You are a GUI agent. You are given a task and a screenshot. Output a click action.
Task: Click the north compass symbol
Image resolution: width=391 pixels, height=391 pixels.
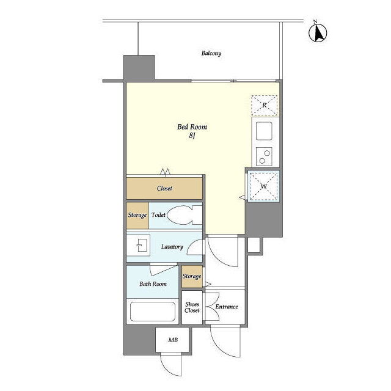click(318, 32)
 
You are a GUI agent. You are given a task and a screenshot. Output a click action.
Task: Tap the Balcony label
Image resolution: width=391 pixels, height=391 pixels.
click(211, 53)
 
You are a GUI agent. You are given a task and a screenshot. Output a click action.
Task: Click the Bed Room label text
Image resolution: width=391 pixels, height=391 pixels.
click(192, 126)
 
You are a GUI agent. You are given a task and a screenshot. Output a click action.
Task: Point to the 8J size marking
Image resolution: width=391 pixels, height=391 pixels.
click(192, 136)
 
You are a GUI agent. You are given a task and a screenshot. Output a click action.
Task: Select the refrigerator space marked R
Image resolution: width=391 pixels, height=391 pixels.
click(265, 105)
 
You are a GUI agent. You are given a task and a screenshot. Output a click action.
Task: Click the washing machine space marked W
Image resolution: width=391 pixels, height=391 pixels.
click(263, 186)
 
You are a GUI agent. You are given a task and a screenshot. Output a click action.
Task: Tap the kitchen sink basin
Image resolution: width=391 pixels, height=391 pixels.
click(264, 131)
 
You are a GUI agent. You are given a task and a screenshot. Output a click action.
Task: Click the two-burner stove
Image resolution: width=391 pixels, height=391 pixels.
click(264, 156)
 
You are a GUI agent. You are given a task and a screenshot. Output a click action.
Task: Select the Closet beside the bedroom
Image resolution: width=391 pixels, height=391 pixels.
click(164, 188)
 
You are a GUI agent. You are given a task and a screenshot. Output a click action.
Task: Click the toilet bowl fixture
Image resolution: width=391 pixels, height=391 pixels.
click(184, 215)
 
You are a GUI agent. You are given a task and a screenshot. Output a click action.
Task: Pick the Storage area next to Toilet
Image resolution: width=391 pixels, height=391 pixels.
click(137, 216)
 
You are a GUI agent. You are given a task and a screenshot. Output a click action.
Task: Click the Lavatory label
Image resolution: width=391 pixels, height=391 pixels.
click(172, 247)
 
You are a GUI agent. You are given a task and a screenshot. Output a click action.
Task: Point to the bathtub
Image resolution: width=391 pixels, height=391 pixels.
click(153, 312)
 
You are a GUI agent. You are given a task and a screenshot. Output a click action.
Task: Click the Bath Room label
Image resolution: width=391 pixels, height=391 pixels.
click(153, 283)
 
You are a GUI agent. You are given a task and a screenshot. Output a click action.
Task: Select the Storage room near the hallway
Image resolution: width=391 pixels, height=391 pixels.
click(192, 277)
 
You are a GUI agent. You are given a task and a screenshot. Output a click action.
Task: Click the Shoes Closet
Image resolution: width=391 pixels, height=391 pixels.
click(192, 307)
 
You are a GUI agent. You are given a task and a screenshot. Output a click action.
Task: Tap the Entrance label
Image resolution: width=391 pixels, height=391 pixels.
click(227, 307)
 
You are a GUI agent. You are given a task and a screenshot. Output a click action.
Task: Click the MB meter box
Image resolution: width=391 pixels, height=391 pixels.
click(172, 340)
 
